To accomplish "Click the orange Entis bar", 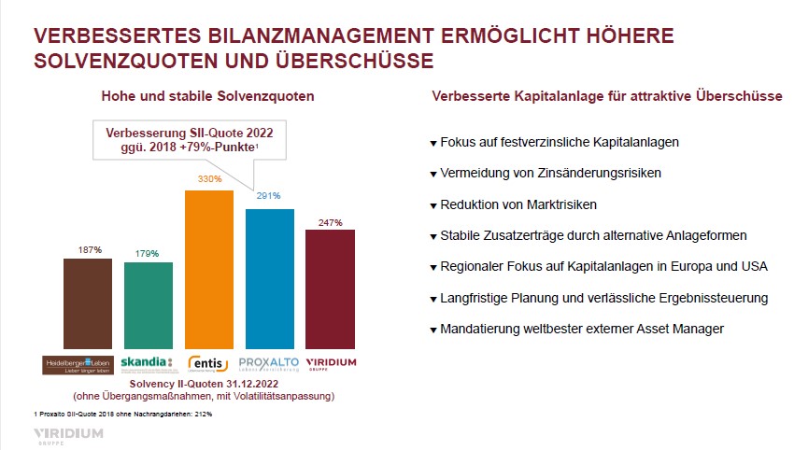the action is (x=209, y=269).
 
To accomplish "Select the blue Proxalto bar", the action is (x=270, y=279).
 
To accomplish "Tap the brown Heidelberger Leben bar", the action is (x=88, y=303).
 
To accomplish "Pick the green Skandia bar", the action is (x=149, y=305).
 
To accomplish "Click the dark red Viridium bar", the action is (x=330, y=289).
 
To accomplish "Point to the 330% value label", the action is (x=209, y=178).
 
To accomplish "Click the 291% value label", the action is (x=268, y=195).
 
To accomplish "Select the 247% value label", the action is (x=330, y=222).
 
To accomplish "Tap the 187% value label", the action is (x=90, y=249).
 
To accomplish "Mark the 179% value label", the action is (x=147, y=253).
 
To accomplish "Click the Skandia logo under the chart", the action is (x=147, y=363).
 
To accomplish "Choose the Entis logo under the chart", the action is (x=208, y=363).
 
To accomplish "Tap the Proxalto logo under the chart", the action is (x=269, y=364).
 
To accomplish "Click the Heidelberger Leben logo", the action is (x=78, y=365).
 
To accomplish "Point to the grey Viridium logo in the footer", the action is (x=68, y=436).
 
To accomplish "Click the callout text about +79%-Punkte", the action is (x=190, y=140).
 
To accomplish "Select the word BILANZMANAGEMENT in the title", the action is (x=321, y=35).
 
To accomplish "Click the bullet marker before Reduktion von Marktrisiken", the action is (x=433, y=206).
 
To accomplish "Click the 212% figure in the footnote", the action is (x=204, y=415).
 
